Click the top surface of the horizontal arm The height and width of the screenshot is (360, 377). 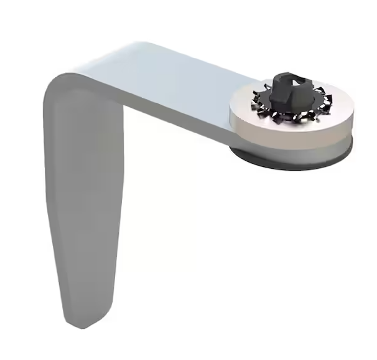point(174,75)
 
